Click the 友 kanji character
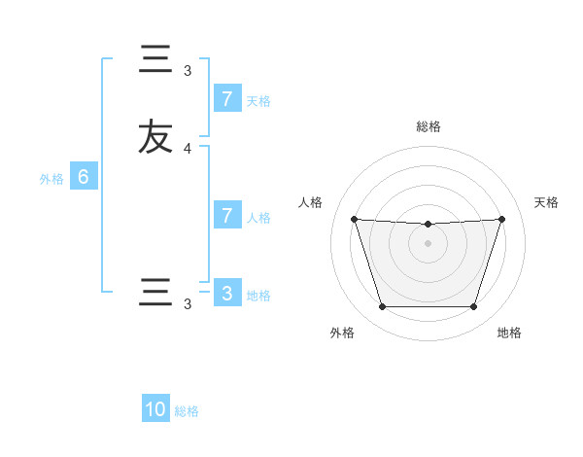(x=155, y=136)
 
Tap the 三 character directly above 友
(x=155, y=60)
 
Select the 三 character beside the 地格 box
(x=155, y=293)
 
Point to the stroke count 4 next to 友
(x=188, y=148)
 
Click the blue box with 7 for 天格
(x=226, y=99)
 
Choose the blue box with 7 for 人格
(x=226, y=216)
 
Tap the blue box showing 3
(x=226, y=293)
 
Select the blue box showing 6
(x=84, y=177)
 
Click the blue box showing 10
(x=155, y=409)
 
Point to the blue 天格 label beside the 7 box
(x=258, y=100)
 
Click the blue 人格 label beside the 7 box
(x=258, y=217)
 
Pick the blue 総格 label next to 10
(x=187, y=411)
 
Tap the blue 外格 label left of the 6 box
(x=51, y=179)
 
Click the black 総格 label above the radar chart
(x=428, y=126)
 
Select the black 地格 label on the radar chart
(x=509, y=333)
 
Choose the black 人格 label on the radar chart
(x=310, y=202)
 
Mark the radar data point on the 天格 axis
(x=501, y=219)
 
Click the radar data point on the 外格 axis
(x=382, y=307)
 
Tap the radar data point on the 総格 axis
(x=428, y=225)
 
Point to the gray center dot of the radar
(x=428, y=243)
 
